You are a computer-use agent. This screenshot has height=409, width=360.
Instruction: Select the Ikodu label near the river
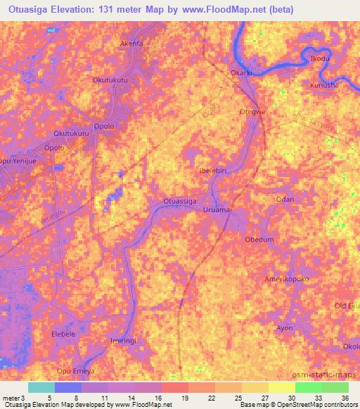tap(319, 58)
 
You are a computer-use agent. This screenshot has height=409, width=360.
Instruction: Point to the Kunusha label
tap(324, 85)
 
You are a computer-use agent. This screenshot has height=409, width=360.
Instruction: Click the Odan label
tap(285, 200)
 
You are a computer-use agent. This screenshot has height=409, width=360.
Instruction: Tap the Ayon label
tap(284, 328)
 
